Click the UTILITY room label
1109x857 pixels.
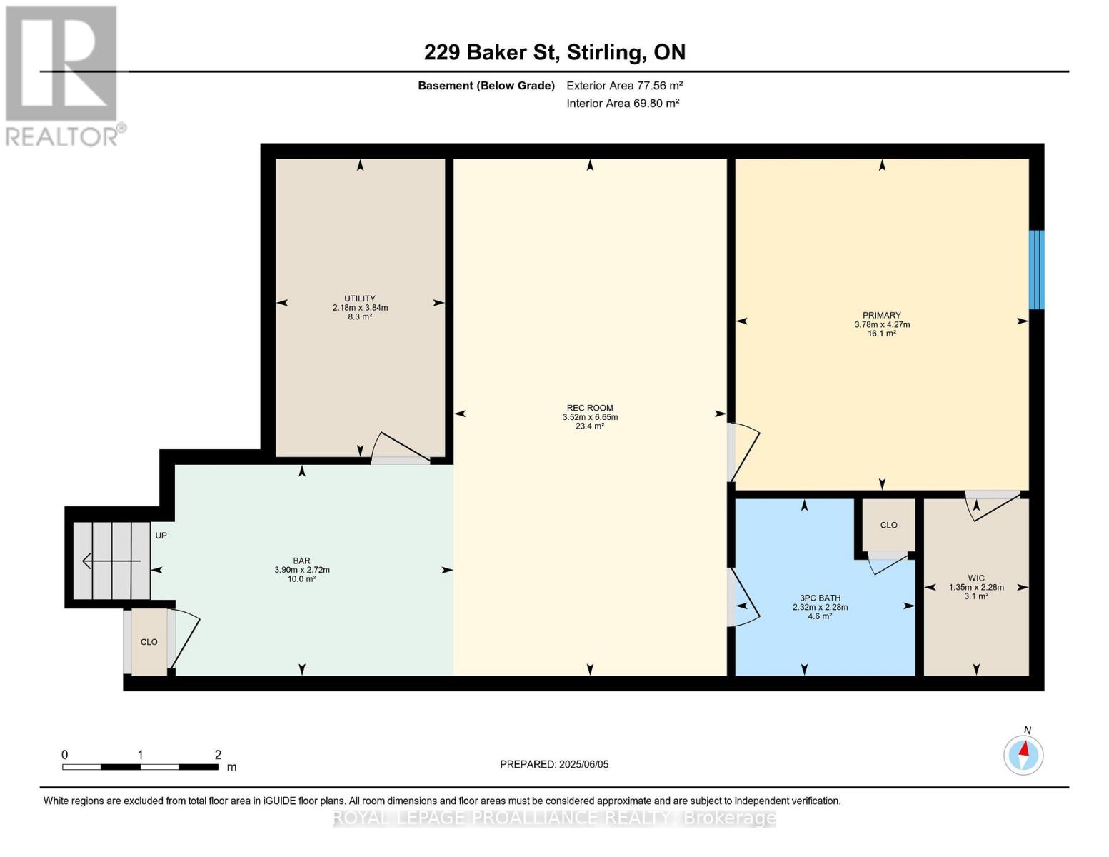pos(360,298)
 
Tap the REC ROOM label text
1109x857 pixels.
pos(589,408)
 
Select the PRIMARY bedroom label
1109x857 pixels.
pos(881,316)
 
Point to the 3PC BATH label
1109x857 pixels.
pos(820,598)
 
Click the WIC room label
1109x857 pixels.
pos(975,578)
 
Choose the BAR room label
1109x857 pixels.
pos(301,561)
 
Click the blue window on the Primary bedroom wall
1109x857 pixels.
pos(1036,269)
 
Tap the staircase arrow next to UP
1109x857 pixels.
pos(111,561)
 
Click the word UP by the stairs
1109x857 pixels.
pos(161,536)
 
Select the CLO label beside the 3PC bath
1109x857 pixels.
pos(888,525)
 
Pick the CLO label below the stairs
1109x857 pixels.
pos(149,642)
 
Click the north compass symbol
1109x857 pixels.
pos(1023,755)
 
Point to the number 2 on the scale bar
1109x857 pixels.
pos(218,754)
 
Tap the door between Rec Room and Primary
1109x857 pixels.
pos(743,452)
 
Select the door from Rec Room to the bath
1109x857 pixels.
pos(743,598)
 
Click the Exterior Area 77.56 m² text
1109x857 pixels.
pos(624,86)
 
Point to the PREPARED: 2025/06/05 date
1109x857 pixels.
pos(554,764)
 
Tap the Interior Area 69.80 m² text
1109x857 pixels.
pos(623,104)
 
